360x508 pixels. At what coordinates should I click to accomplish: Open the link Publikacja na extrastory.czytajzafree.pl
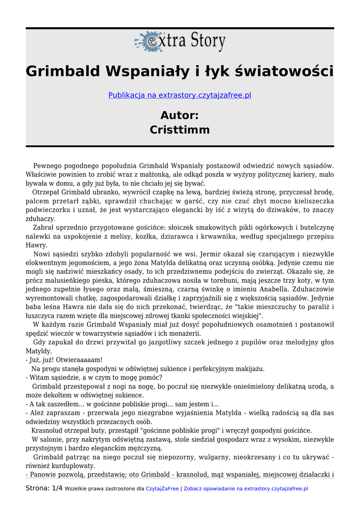[180, 95]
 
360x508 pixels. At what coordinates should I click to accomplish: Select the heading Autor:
[180, 116]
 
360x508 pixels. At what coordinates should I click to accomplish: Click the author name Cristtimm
[180, 130]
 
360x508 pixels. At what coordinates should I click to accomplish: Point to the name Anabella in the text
[272, 289]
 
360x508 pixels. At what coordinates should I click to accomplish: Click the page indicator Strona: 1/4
[44, 488]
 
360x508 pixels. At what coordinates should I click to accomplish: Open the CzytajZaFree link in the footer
[162, 489]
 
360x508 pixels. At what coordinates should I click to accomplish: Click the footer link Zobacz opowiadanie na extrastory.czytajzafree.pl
[245, 489]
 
